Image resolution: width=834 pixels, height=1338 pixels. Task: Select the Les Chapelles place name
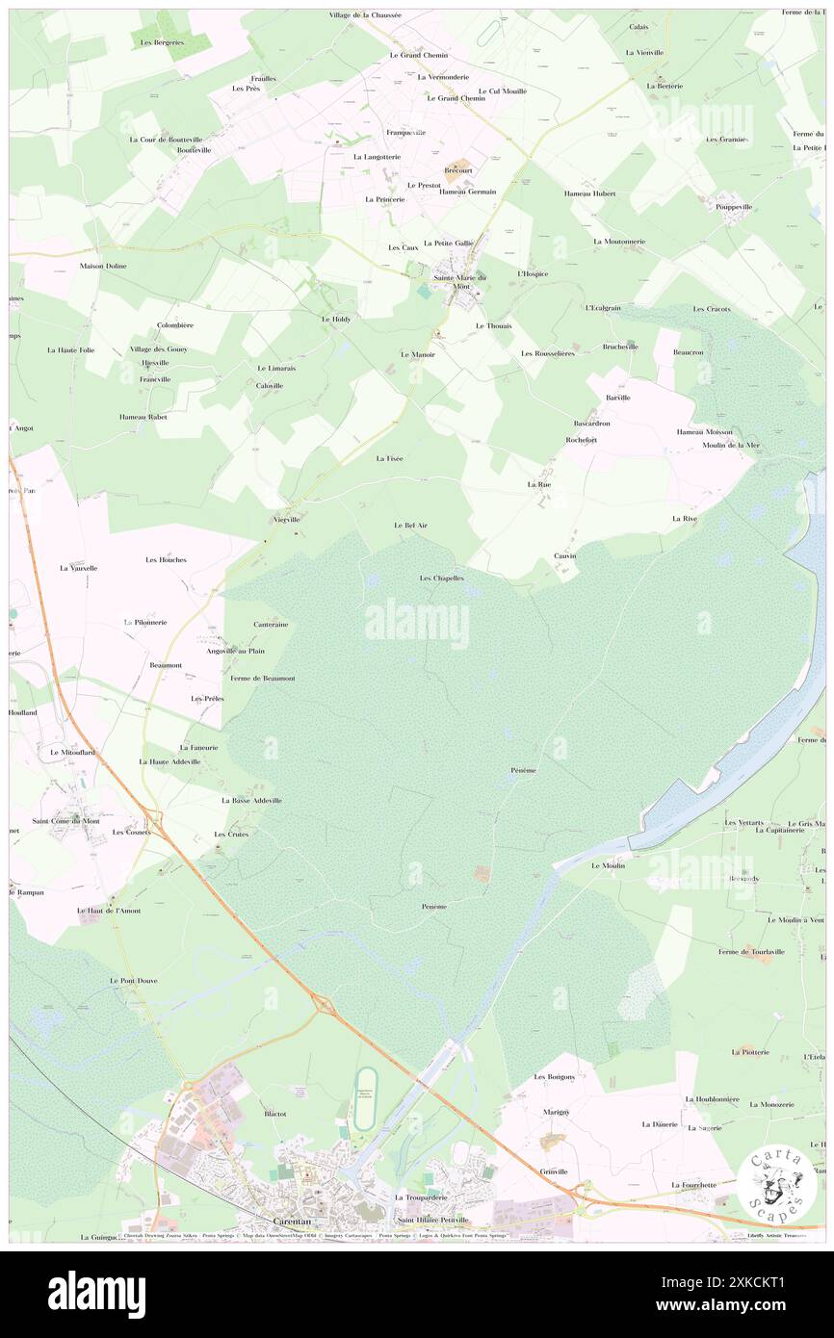click(x=442, y=579)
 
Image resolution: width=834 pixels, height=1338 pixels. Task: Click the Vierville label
click(x=286, y=519)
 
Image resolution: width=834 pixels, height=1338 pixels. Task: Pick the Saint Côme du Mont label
click(x=65, y=821)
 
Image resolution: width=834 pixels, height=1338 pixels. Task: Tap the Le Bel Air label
click(x=410, y=526)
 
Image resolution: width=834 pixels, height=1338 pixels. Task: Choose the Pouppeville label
click(x=734, y=207)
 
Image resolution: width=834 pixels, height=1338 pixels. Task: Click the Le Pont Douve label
click(x=133, y=980)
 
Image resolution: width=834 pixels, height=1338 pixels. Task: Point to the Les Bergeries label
click(x=161, y=42)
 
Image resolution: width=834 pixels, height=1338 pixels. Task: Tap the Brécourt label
click(x=457, y=170)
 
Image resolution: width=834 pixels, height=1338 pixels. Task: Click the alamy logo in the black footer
click(x=96, y=1294)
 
